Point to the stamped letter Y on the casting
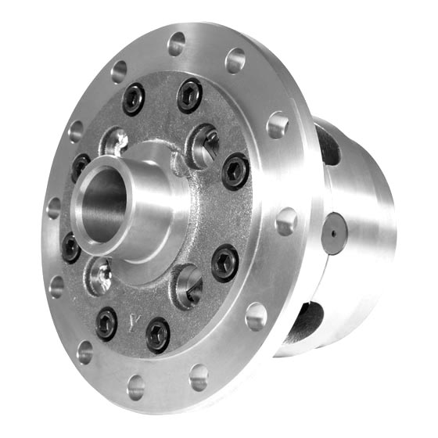[135, 321]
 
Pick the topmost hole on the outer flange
[177, 44]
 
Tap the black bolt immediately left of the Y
[106, 322]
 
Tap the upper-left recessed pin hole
[115, 142]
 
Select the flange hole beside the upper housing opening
[278, 124]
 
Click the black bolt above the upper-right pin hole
[189, 95]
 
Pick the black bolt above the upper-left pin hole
[134, 99]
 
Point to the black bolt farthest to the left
[71, 246]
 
